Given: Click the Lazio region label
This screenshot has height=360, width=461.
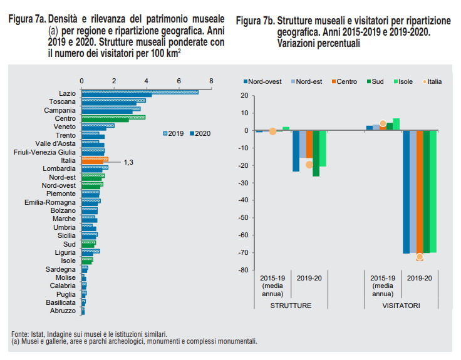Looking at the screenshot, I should pyautogui.click(x=67, y=93).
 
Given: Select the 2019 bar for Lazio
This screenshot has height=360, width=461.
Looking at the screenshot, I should pyautogui.click(x=140, y=92).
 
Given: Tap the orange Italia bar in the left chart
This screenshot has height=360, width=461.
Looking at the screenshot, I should pyautogui.click(x=95, y=160).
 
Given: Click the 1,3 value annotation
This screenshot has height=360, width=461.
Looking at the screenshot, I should pyautogui.click(x=128, y=162).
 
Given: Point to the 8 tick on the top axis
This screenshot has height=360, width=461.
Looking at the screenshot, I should pyautogui.click(x=211, y=81).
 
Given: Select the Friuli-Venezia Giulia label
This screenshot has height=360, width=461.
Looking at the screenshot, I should pyautogui.click(x=45, y=152).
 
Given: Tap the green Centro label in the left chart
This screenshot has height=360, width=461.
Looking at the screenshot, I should pyautogui.click(x=65, y=118).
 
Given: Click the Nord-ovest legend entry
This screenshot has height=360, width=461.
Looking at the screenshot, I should pyautogui.click(x=261, y=81).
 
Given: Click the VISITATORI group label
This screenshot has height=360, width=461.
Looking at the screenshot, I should pyautogui.click(x=401, y=306).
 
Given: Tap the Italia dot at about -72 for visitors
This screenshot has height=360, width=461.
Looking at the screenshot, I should pyautogui.click(x=419, y=257).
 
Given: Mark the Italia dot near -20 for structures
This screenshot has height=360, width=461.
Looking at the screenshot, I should pyautogui.click(x=309, y=165).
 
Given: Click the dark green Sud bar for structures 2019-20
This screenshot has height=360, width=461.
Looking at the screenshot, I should pyautogui.click(x=316, y=153).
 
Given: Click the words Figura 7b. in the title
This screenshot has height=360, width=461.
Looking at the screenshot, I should pyautogui.click(x=256, y=22).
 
